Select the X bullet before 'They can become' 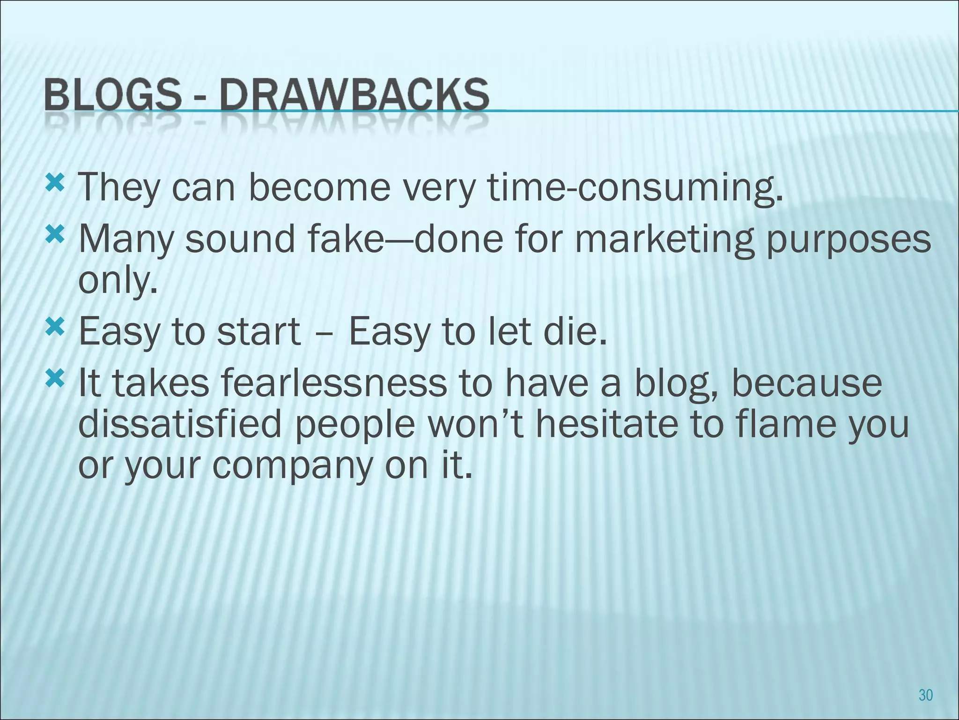coord(56,184)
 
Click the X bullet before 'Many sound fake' coord(56,235)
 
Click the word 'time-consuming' coord(635,188)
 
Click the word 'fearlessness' coord(333,382)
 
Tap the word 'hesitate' coord(606,423)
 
